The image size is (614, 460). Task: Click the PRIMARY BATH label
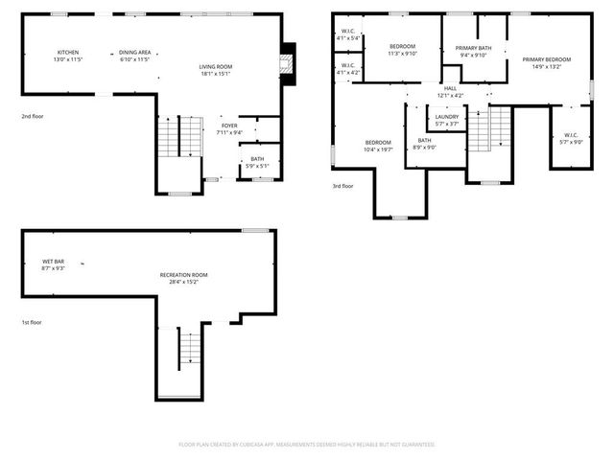[474, 51]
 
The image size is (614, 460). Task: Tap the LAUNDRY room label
[447, 120]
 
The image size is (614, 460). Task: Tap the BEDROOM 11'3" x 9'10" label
[402, 50]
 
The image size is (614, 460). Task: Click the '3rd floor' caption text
[342, 186]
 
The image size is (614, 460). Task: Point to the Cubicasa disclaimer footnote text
[307, 445]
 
